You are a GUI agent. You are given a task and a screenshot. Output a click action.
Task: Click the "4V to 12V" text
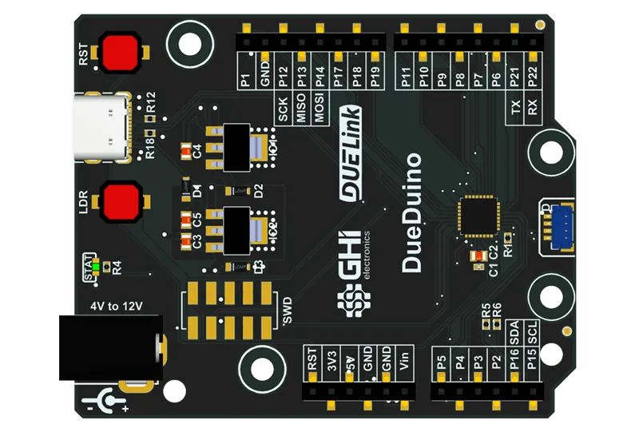coord(116,305)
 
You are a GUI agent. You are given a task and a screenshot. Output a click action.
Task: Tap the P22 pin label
coord(534,76)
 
